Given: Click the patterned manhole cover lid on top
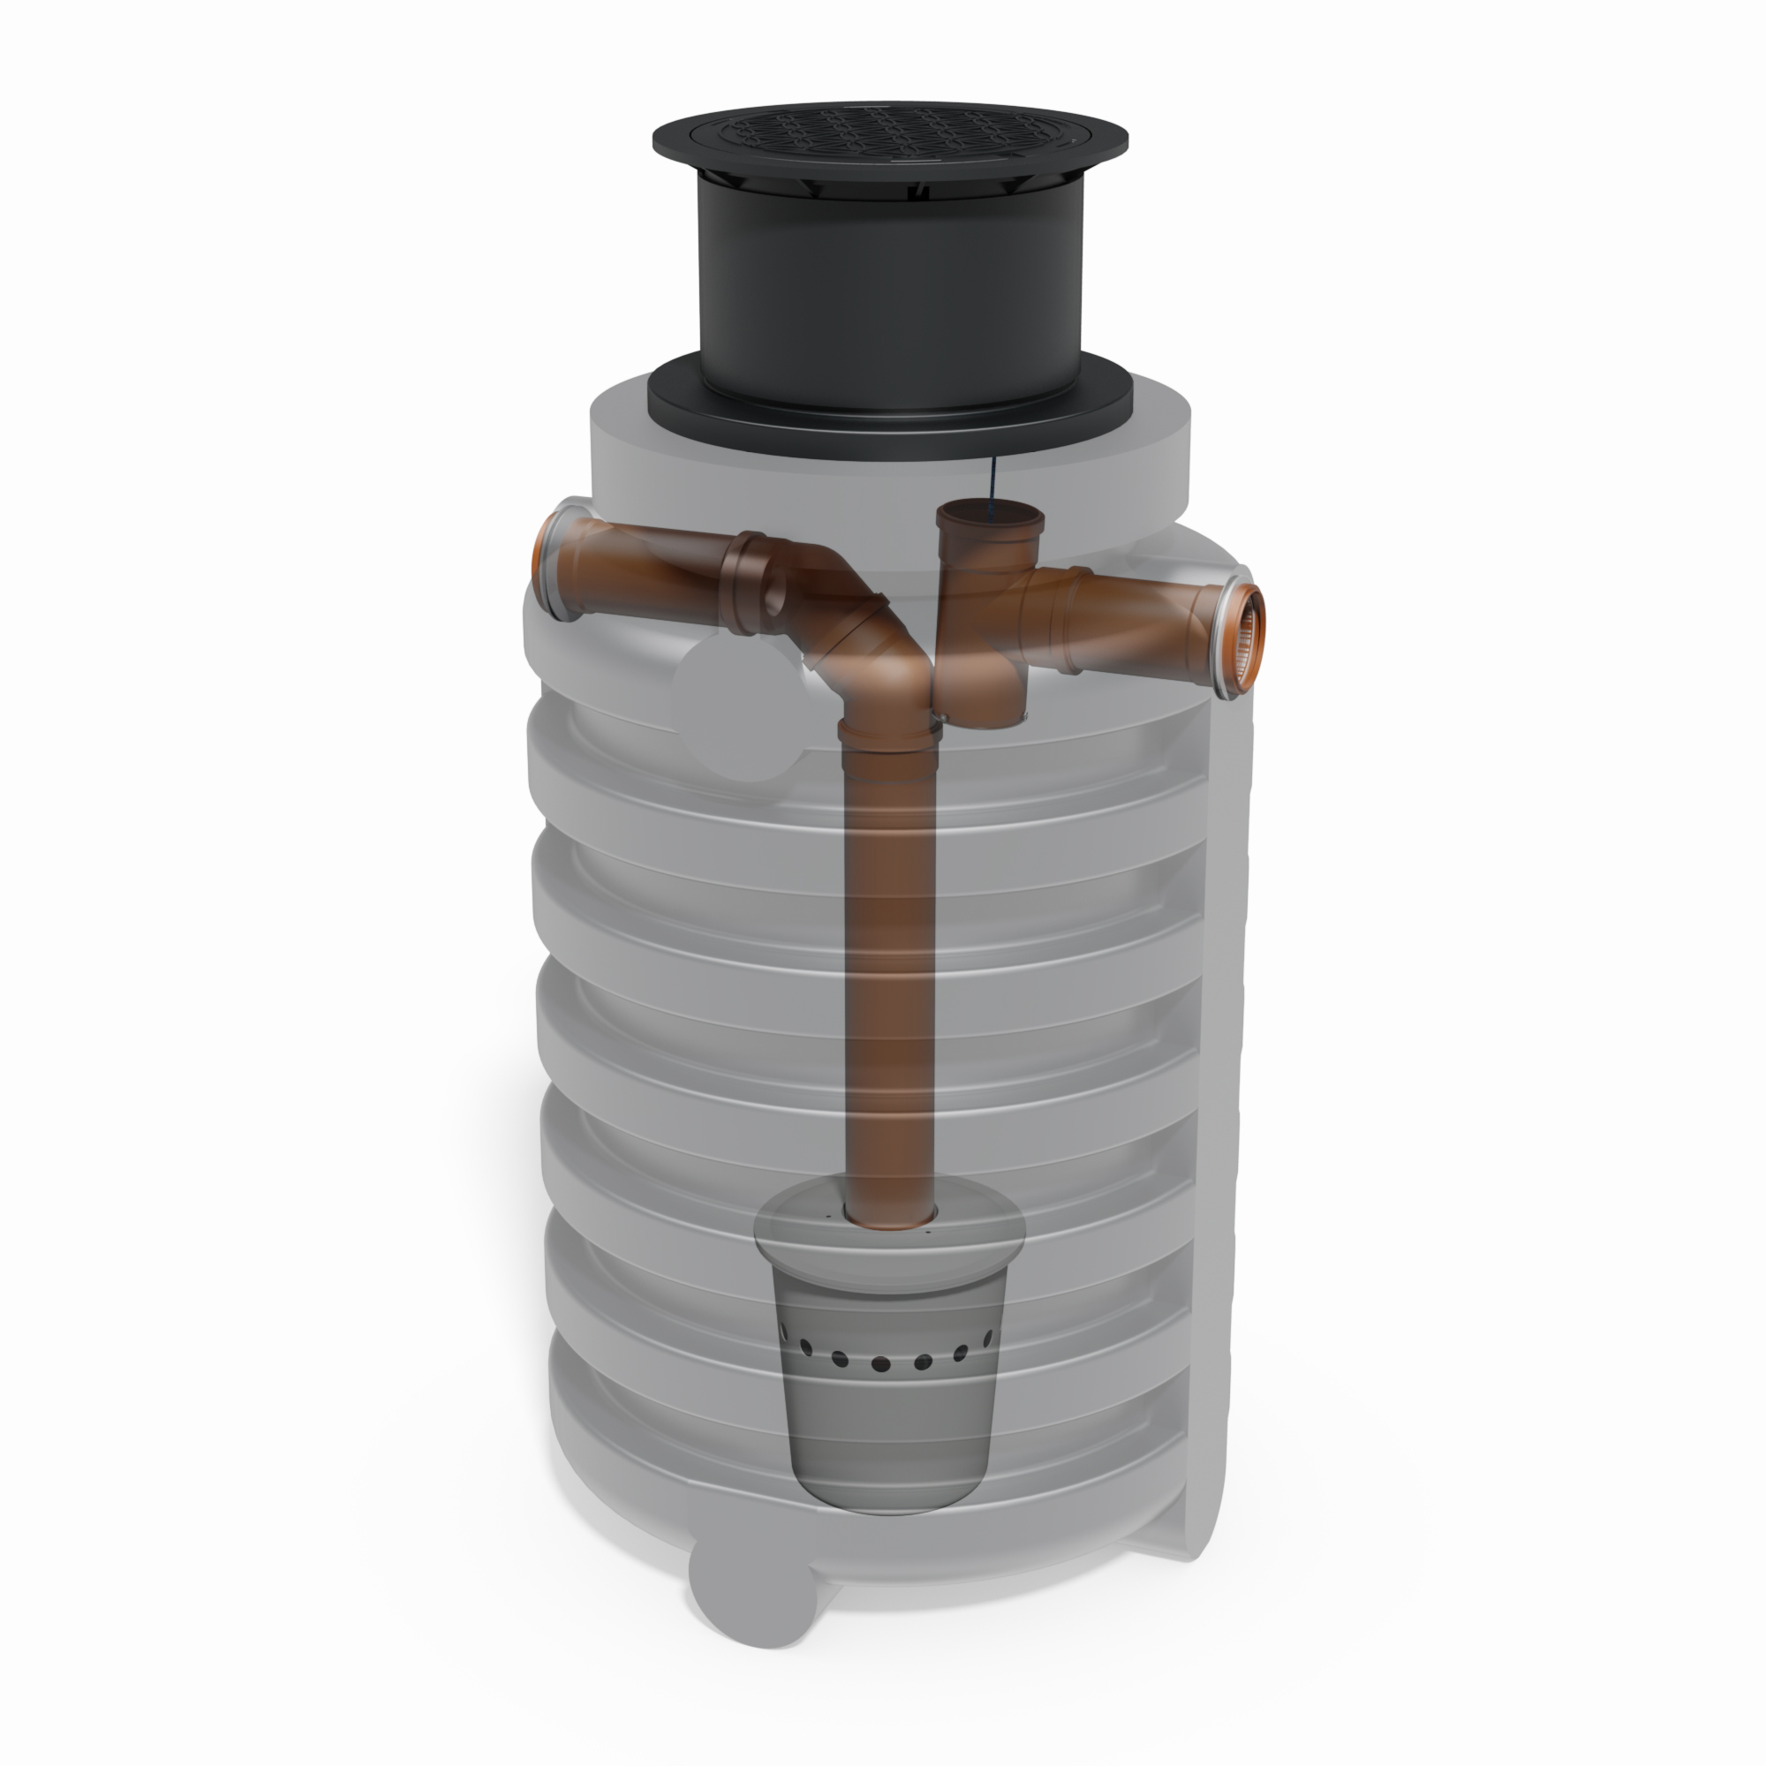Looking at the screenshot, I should tap(889, 137).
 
